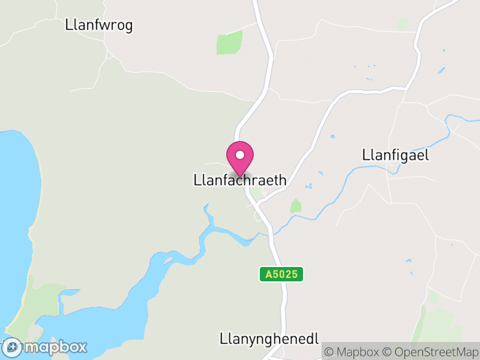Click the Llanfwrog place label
tap(98, 25)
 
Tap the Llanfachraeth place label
tap(240, 180)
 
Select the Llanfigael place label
tap(396, 155)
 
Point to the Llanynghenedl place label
tap(269, 338)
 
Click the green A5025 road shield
tap(281, 274)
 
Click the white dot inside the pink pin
tap(240, 155)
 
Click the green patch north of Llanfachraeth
tap(230, 42)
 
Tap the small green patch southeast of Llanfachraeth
tap(295, 206)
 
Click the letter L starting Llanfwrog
tap(68, 25)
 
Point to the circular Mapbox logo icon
tap(12, 347)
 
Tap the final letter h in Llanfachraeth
tap(283, 180)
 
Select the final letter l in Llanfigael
tap(428, 155)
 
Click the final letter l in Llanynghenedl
tap(316, 338)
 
